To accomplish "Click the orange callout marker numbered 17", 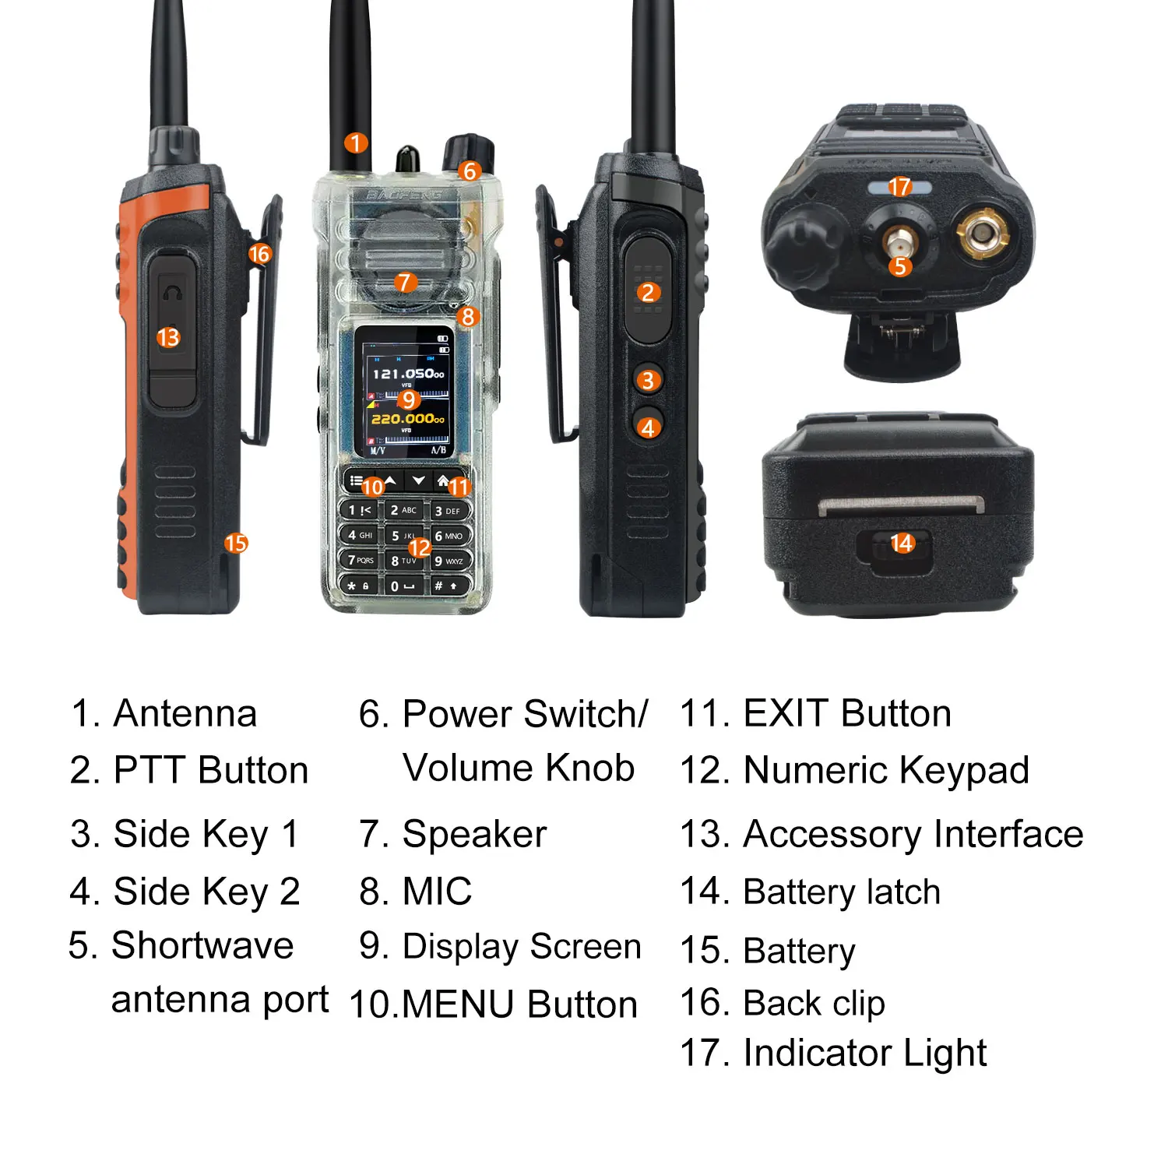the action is pyautogui.click(x=899, y=187).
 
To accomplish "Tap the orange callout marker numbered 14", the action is pyautogui.click(x=902, y=543).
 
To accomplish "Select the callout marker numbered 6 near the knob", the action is pyautogui.click(x=469, y=171).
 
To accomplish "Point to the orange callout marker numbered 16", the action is pyautogui.click(x=259, y=254).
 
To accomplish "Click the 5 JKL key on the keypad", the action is pyautogui.click(x=403, y=536).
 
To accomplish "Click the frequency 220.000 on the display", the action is pyautogui.click(x=407, y=419).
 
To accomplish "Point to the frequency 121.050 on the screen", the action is pyautogui.click(x=407, y=374).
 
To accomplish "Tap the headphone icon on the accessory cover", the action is pyautogui.click(x=171, y=293).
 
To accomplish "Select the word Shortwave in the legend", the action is pyautogui.click(x=202, y=946).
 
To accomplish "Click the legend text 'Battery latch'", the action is pyautogui.click(x=842, y=892).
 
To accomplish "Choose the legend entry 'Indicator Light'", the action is pyautogui.click(x=864, y=1054).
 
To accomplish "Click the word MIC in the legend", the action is pyautogui.click(x=437, y=892).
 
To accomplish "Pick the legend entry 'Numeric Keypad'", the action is pyautogui.click(x=886, y=771).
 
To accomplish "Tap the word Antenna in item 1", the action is pyautogui.click(x=185, y=713).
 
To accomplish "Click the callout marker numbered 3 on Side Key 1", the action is pyautogui.click(x=649, y=381).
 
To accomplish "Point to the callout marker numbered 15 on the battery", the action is pyautogui.click(x=236, y=543).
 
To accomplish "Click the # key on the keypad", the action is pyautogui.click(x=446, y=585).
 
